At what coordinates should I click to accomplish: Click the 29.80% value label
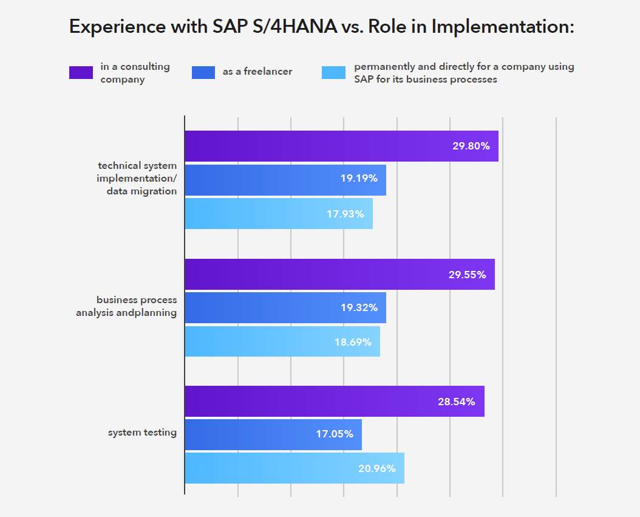pyautogui.click(x=471, y=146)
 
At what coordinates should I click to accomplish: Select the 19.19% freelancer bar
pyautogui.click(x=285, y=179)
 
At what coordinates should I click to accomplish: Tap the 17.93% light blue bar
pyautogui.click(x=278, y=213)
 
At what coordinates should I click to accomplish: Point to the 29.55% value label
pyautogui.click(x=467, y=275)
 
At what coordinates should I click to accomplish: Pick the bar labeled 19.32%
pyautogui.click(x=285, y=307)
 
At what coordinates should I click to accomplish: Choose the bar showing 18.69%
pyautogui.click(x=282, y=341)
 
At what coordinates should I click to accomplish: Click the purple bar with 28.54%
pyautogui.click(x=334, y=402)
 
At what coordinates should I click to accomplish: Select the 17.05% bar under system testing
pyautogui.click(x=273, y=434)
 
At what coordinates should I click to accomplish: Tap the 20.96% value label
pyautogui.click(x=376, y=468)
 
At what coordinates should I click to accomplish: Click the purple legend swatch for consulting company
pyautogui.click(x=81, y=72)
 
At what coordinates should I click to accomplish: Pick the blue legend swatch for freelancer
pyautogui.click(x=203, y=72)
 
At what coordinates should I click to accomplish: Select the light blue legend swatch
pyautogui.click(x=333, y=72)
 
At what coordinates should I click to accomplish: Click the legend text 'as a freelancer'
pyautogui.click(x=257, y=72)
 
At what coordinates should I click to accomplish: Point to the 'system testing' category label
pyautogui.click(x=142, y=433)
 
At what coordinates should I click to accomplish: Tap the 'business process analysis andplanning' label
pyautogui.click(x=126, y=306)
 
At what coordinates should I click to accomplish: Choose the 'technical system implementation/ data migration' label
pyautogui.click(x=137, y=178)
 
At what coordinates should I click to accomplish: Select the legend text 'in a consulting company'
pyautogui.click(x=135, y=72)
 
